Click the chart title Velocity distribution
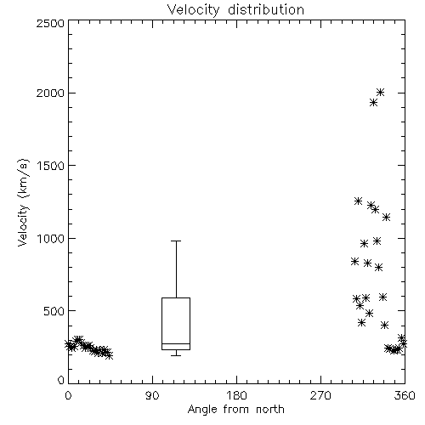[235, 9]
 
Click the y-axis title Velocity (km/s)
[23, 202]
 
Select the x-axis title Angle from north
[235, 409]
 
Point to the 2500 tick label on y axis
[50, 23]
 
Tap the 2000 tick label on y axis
[50, 93]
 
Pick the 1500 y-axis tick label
[51, 166]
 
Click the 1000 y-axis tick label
[51, 238]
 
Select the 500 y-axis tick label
[54, 311]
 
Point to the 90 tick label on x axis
[152, 395]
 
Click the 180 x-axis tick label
[236, 395]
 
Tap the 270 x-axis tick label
[320, 395]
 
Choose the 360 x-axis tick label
[405, 395]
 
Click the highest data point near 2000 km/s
[380, 92]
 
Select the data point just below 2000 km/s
[373, 102]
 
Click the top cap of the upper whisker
[176, 241]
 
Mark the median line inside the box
[176, 343]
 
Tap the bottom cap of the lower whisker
[176, 355]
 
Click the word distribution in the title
[266, 9]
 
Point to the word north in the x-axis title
[270, 409]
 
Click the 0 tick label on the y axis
[61, 380]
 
